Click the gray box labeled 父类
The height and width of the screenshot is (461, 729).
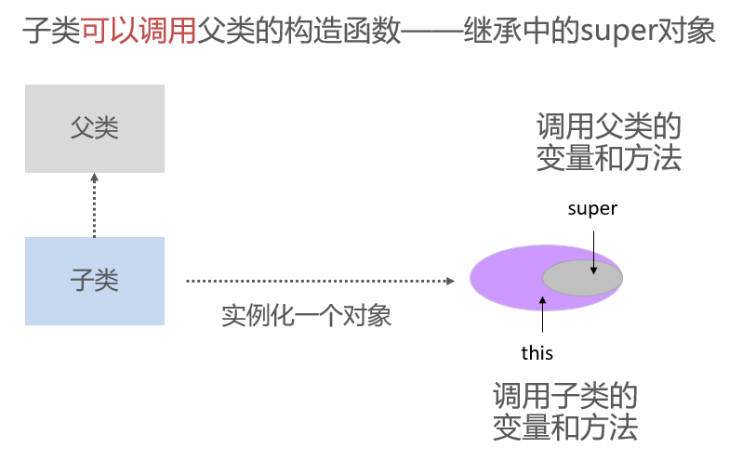(95, 128)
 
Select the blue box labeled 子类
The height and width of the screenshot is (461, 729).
(95, 281)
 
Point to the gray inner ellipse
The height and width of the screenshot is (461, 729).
(582, 278)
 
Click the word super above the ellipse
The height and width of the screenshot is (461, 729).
(592, 209)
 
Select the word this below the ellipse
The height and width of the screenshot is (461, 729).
(537, 352)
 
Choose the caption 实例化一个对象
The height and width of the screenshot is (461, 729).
(307, 316)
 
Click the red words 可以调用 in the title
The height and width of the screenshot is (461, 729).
(139, 33)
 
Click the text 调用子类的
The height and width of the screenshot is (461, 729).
(565, 397)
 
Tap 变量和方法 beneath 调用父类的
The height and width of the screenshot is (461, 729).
(609, 158)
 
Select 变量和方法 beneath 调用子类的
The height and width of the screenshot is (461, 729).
(565, 428)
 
